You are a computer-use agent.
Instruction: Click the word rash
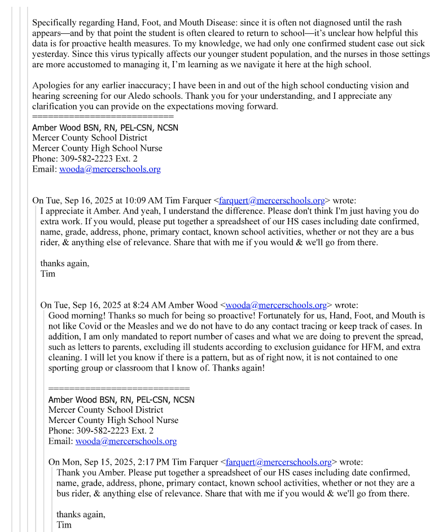393,23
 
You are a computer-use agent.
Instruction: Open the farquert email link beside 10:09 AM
271,200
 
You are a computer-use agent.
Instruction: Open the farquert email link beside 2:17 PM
278,462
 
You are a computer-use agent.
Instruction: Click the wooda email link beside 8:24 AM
276,306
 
